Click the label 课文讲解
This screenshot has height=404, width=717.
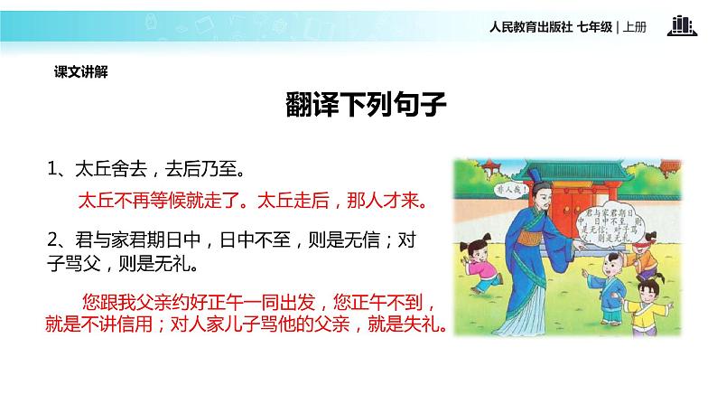pos(80,71)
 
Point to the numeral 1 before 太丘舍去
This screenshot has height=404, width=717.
pos(53,169)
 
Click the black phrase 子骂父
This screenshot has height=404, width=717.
pos(76,266)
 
